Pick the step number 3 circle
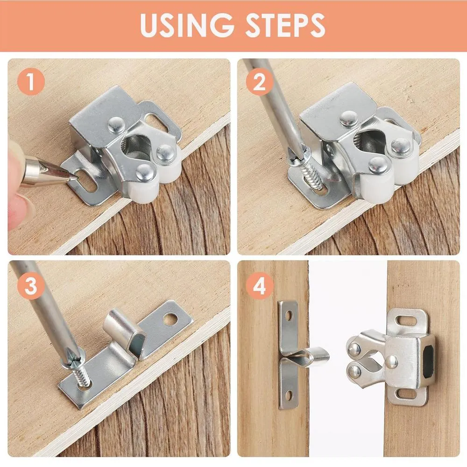pyautogui.click(x=31, y=284)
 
